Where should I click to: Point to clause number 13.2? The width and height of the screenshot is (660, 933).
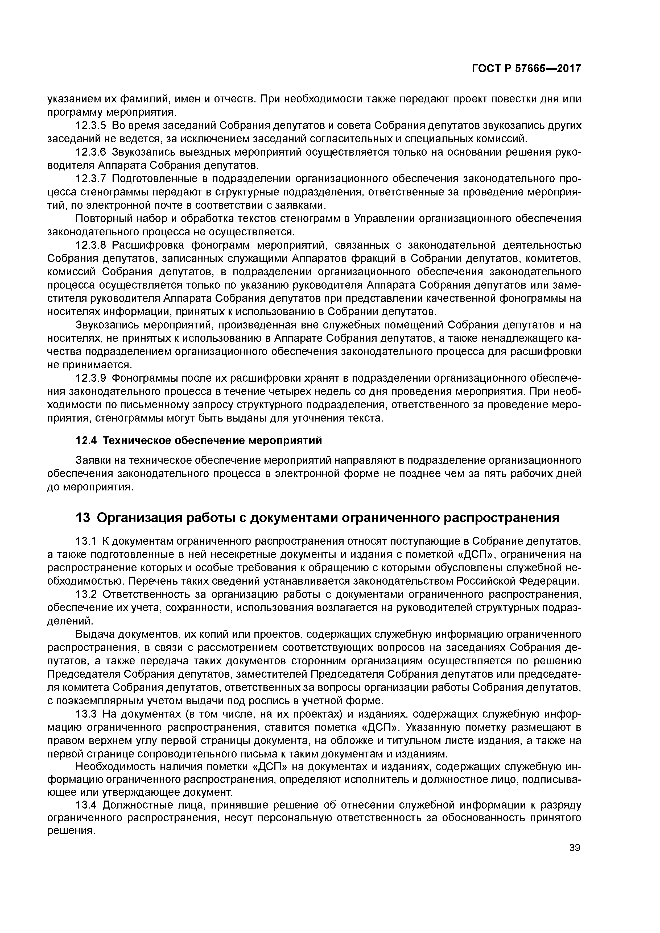point(85,594)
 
